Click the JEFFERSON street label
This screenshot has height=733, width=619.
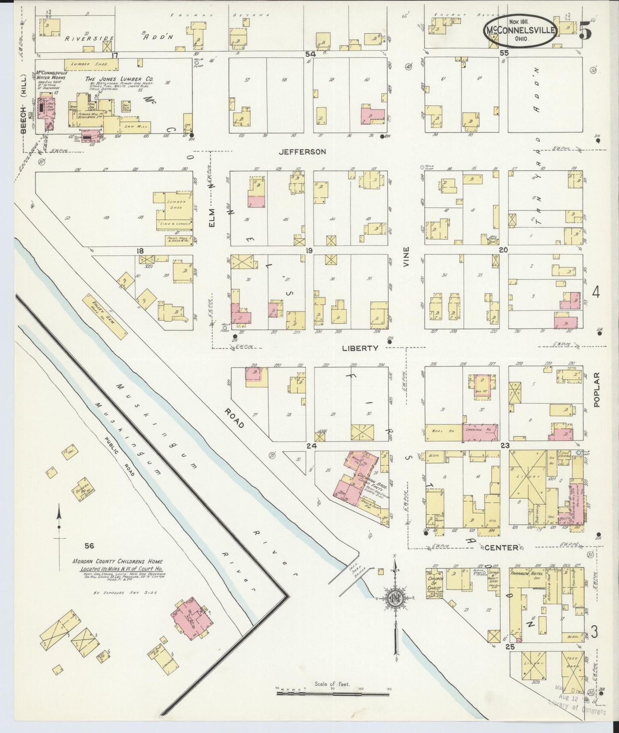coord(302,151)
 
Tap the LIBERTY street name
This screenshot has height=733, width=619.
coord(360,348)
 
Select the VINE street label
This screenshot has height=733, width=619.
coord(407,257)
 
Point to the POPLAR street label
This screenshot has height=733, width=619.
coord(598,389)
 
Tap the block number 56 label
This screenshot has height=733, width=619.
coord(89,546)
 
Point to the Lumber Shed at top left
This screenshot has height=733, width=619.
coord(91,64)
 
